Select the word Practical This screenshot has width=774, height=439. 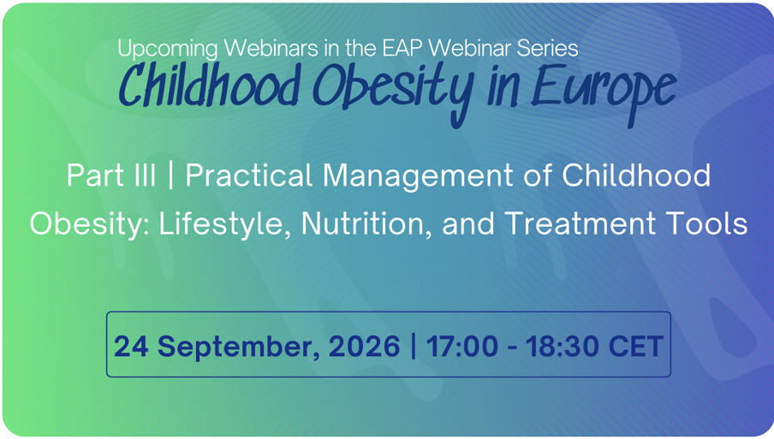[x=249, y=175]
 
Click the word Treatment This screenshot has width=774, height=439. [x=580, y=223]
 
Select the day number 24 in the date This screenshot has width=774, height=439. [x=131, y=346]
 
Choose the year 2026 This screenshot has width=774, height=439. [x=364, y=346]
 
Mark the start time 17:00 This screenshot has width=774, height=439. [x=462, y=346]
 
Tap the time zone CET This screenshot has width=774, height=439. [x=636, y=346]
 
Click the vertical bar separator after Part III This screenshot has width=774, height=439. [x=170, y=175]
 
